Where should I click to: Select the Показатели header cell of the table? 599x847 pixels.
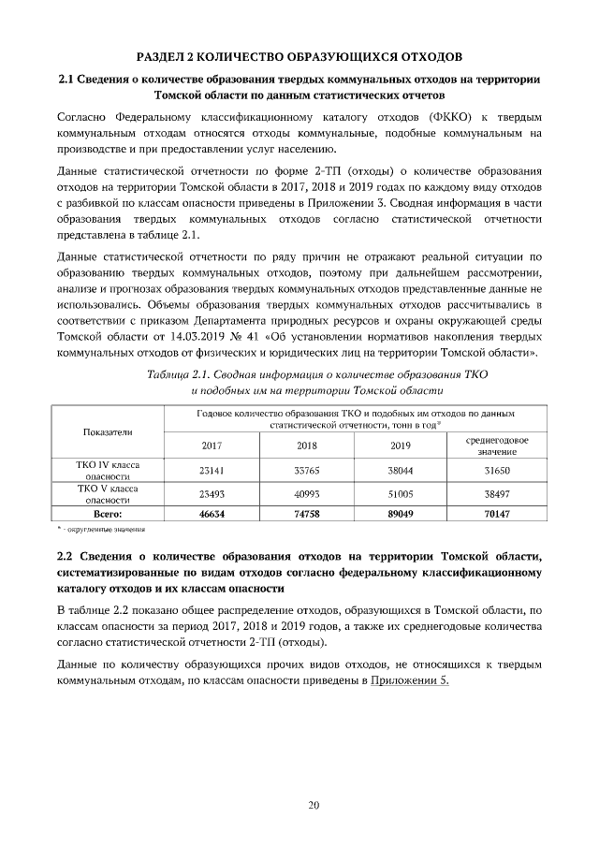108,431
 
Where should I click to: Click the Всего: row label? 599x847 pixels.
108,514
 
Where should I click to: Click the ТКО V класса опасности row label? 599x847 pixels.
108,493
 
